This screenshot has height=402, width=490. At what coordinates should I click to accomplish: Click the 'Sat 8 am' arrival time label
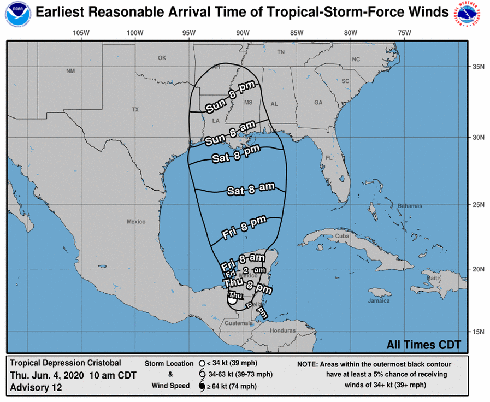point(250,190)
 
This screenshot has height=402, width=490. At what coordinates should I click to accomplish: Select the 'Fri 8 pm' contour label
point(245,227)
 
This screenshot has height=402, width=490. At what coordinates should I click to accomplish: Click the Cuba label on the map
point(342,235)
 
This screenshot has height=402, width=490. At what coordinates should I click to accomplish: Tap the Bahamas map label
point(410,206)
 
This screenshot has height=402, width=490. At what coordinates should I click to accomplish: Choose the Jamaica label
point(379,300)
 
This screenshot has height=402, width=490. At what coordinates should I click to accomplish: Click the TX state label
point(135,110)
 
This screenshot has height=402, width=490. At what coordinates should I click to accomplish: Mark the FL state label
point(329,158)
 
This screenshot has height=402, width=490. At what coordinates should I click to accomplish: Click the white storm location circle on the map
point(232,299)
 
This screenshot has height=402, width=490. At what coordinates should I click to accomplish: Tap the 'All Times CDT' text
point(423,345)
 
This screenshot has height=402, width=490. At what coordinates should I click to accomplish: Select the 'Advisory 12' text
point(36,387)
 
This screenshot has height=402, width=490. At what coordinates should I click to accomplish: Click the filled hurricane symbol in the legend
point(202,387)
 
